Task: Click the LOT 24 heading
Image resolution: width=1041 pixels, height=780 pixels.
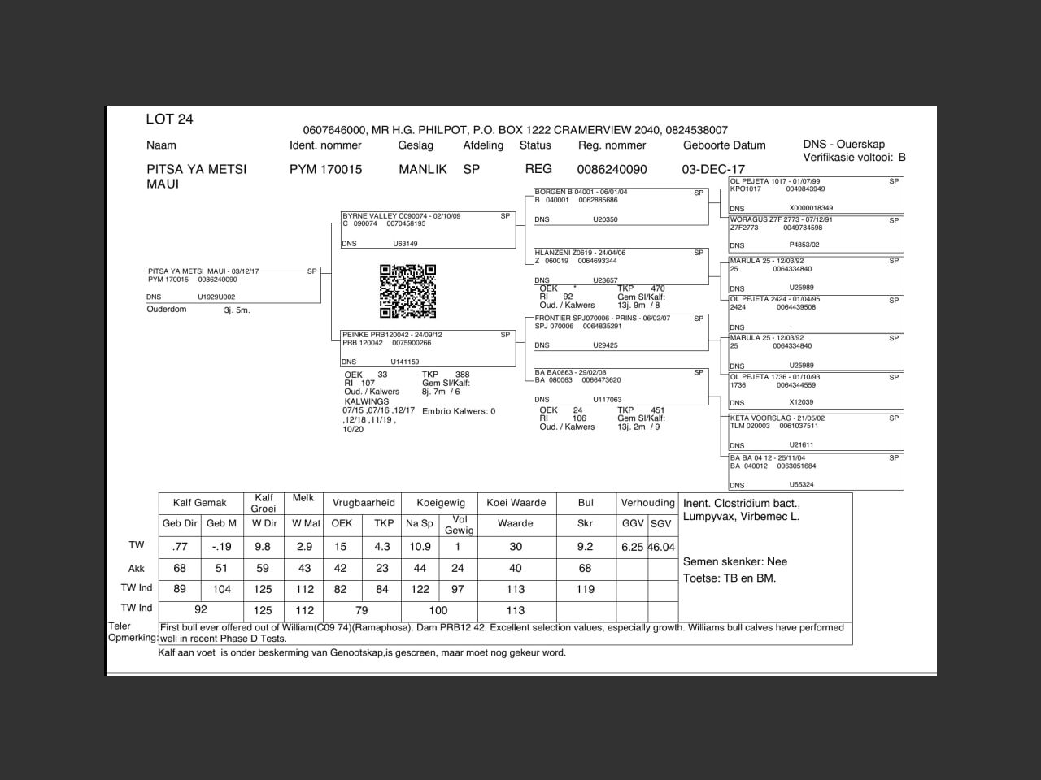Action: pyautogui.click(x=169, y=119)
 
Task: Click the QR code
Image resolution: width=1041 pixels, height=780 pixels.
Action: pyautogui.click(x=407, y=291)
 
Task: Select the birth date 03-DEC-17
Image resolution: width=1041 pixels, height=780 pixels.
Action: pyautogui.click(x=713, y=170)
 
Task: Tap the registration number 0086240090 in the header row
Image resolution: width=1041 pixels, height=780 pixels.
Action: pyautogui.click(x=612, y=170)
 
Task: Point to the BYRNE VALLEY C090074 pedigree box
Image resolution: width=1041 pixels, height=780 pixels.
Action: pyautogui.click(x=428, y=230)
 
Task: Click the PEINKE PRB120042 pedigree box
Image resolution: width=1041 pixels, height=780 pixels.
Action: pyautogui.click(x=428, y=349)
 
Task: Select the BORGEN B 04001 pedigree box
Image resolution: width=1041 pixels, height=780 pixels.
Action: pyautogui.click(x=621, y=206)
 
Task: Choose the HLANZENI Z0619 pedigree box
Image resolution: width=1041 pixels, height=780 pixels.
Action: pyautogui.click(x=621, y=266)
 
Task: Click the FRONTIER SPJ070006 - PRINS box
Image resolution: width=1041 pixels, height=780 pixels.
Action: pyautogui.click(x=621, y=331)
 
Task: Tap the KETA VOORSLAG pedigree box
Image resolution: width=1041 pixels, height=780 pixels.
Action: pyautogui.click(x=816, y=431)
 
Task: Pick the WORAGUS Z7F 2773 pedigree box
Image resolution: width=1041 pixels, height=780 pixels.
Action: pyautogui.click(x=816, y=233)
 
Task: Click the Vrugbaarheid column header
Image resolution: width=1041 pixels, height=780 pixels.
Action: pyautogui.click(x=363, y=503)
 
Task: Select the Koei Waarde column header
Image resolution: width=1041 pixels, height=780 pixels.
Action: pyautogui.click(x=516, y=503)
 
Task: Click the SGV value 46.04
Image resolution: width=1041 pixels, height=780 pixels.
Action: pyautogui.click(x=662, y=548)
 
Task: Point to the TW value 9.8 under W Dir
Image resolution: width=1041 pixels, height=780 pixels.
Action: pyautogui.click(x=263, y=548)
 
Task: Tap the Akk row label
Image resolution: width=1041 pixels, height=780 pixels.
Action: pyautogui.click(x=136, y=569)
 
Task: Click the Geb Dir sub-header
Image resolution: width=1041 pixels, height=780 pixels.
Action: pyautogui.click(x=180, y=524)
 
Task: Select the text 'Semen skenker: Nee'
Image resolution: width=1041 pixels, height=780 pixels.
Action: pyautogui.click(x=734, y=561)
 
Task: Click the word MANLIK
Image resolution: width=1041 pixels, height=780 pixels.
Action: pyautogui.click(x=423, y=170)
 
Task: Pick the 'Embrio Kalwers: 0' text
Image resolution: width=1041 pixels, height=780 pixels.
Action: pyautogui.click(x=459, y=411)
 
